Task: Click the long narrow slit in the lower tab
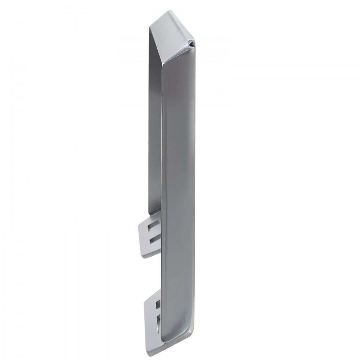pos(159,320)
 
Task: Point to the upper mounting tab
pos(149,236)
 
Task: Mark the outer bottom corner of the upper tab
pos(143,257)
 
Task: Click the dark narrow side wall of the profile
pos(154,126)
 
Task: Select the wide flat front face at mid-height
pos(178,180)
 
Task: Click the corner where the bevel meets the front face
pos(163,67)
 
